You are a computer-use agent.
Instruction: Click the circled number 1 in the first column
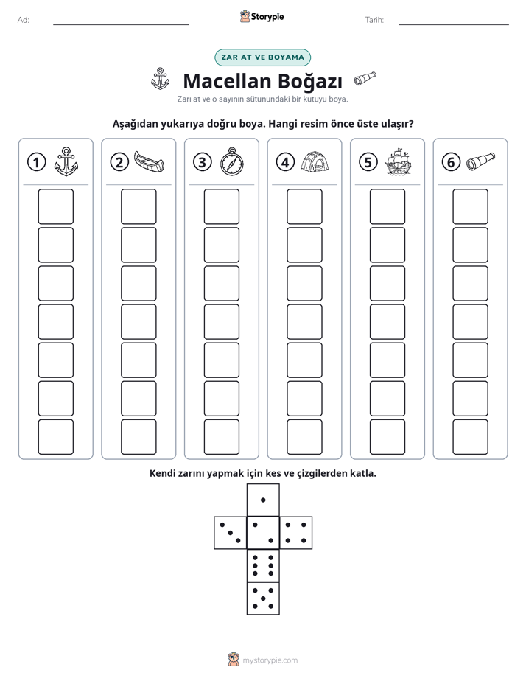pos(36,162)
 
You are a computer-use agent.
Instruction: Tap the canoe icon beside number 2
pos(149,161)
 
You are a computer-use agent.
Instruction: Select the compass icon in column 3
pos(232,161)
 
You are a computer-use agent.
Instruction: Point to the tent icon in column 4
pos(315,161)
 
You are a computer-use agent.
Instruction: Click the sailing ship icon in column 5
pos(398,162)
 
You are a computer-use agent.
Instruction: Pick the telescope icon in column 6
pos(480,161)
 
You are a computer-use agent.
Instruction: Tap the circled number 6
pos(451,162)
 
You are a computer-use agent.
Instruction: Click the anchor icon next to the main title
pos(160,79)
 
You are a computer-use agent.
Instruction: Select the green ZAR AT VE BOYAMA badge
pos(262,57)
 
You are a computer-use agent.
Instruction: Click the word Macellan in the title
pos(227,81)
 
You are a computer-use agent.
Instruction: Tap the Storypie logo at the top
pos(262,16)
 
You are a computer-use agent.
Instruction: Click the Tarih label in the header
pos(374,20)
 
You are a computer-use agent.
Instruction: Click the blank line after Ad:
pos(121,24)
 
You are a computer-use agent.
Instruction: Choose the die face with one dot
pos(263,500)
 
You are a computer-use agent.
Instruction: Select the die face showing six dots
pos(263,565)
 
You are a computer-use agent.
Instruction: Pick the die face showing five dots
pos(263,598)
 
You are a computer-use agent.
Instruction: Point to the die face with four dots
pos(296,532)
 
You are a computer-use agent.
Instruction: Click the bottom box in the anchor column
pos(55,437)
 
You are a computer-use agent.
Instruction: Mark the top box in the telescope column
pos(470,206)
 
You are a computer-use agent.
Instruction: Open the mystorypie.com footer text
pos(270,660)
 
